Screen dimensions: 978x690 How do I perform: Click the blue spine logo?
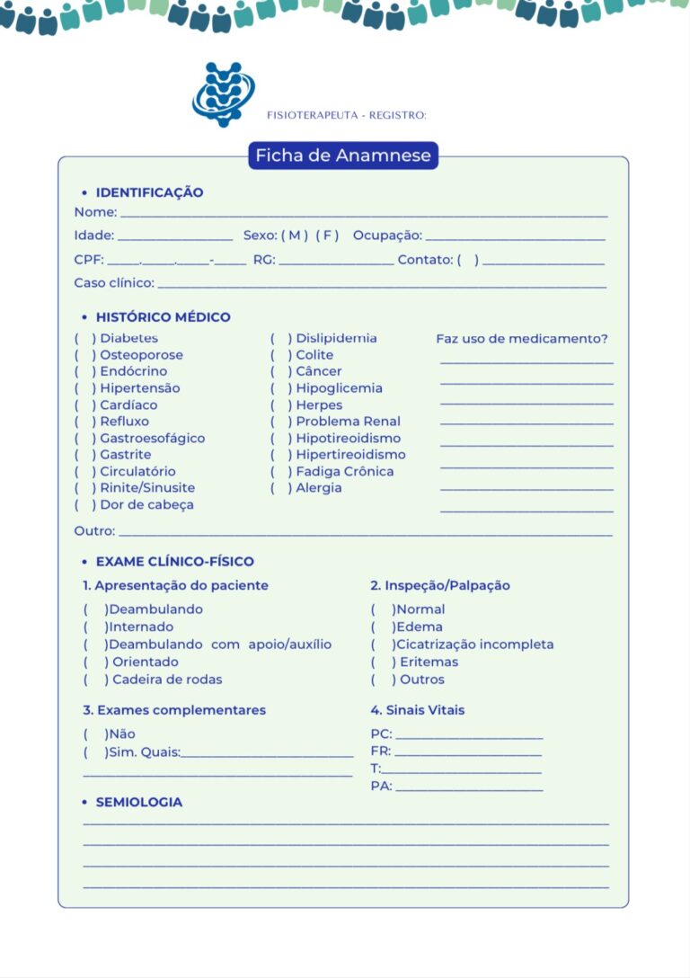223,93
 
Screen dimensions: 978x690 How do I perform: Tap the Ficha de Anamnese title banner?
343,156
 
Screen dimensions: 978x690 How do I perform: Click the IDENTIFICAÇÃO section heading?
149,192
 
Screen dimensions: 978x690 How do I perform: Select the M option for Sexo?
295,236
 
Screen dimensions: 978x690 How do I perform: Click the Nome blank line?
364,215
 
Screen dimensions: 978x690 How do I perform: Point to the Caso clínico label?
114,283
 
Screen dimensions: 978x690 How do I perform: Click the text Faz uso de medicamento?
522,339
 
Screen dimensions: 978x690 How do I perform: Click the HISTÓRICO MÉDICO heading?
163,317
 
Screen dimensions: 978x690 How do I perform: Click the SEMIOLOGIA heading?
138,802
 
